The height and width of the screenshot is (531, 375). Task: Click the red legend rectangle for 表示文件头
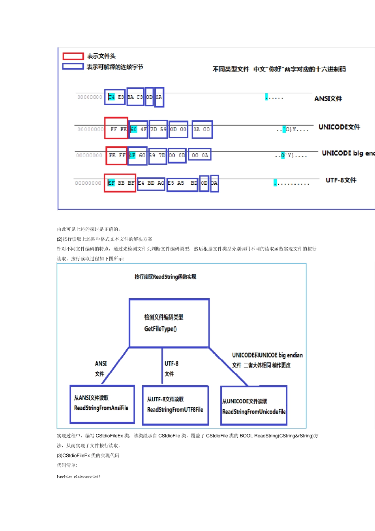tap(73, 56)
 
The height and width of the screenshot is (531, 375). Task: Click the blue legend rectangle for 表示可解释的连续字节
tap(73, 66)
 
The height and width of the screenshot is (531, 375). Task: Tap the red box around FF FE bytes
tap(116, 128)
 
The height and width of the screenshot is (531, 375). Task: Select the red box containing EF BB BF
tap(120, 183)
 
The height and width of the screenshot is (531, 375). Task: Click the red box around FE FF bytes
tap(116, 155)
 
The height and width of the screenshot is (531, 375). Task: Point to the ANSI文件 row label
tap(328, 98)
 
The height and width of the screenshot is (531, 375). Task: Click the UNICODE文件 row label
tap(339, 127)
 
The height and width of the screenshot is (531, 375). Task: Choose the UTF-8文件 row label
tap(341, 180)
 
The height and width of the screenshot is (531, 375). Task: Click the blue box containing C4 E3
tap(115, 97)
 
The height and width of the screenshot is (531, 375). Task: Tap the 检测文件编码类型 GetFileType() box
tap(169, 323)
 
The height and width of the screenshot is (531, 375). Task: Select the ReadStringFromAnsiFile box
tap(102, 404)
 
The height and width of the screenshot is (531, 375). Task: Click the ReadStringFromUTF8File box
tap(175, 405)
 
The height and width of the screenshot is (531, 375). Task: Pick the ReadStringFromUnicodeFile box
tap(254, 406)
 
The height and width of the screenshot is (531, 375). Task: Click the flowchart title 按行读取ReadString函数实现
tap(165, 277)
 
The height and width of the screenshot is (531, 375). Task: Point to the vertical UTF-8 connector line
tap(162, 365)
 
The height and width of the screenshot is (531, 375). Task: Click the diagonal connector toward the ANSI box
tap(116, 365)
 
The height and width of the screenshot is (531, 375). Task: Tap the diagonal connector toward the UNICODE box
tap(228, 367)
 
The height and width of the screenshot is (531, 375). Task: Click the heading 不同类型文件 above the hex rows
tap(231, 69)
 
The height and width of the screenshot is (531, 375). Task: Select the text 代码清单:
tap(67, 465)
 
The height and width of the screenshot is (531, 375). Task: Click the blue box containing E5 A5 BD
tap(182, 184)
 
